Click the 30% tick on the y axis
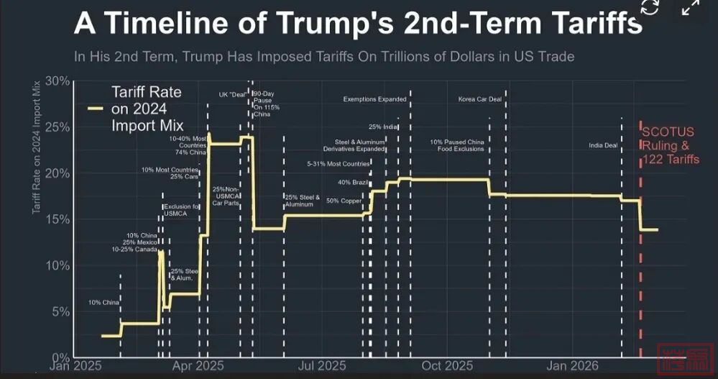[x=57, y=81]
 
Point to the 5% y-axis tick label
[x=60, y=312]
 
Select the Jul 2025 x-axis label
[x=321, y=366]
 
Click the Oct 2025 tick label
[x=447, y=366]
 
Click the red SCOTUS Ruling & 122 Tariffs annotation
[x=669, y=146]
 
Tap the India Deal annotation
[x=603, y=145]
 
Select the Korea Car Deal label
[x=479, y=99]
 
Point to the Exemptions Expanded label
[x=374, y=99]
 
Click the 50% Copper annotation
[x=344, y=201]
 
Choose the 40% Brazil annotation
[x=353, y=183]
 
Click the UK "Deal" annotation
[x=234, y=94]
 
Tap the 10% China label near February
[x=103, y=303]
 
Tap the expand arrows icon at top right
[x=690, y=8]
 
